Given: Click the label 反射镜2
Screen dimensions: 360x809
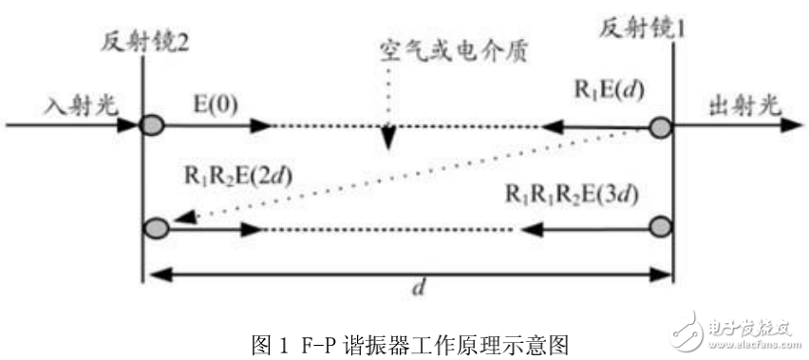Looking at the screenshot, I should click(x=141, y=42).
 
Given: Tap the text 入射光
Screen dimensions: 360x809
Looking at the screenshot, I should click(x=80, y=99).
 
